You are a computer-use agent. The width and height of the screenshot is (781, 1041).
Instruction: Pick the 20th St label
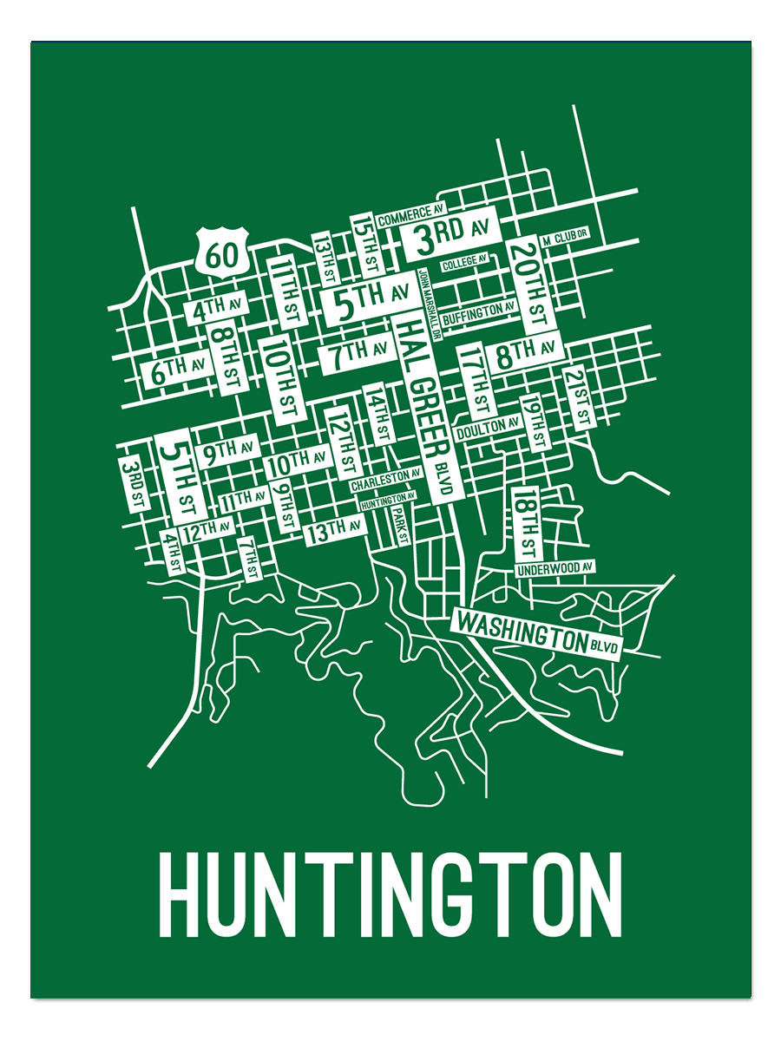click(x=528, y=283)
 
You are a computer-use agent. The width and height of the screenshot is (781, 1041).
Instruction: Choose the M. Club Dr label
click(x=564, y=236)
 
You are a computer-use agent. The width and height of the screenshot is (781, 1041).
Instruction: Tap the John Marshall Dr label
click(x=424, y=295)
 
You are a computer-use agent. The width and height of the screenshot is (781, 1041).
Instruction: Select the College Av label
click(x=464, y=263)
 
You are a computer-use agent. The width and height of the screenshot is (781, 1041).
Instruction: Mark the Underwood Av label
click(x=555, y=568)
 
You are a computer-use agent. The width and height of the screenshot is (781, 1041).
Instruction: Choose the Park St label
click(x=400, y=524)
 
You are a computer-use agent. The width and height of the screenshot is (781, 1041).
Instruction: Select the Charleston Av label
click(x=386, y=480)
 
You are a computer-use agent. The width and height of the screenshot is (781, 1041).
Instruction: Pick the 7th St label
click(x=250, y=559)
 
